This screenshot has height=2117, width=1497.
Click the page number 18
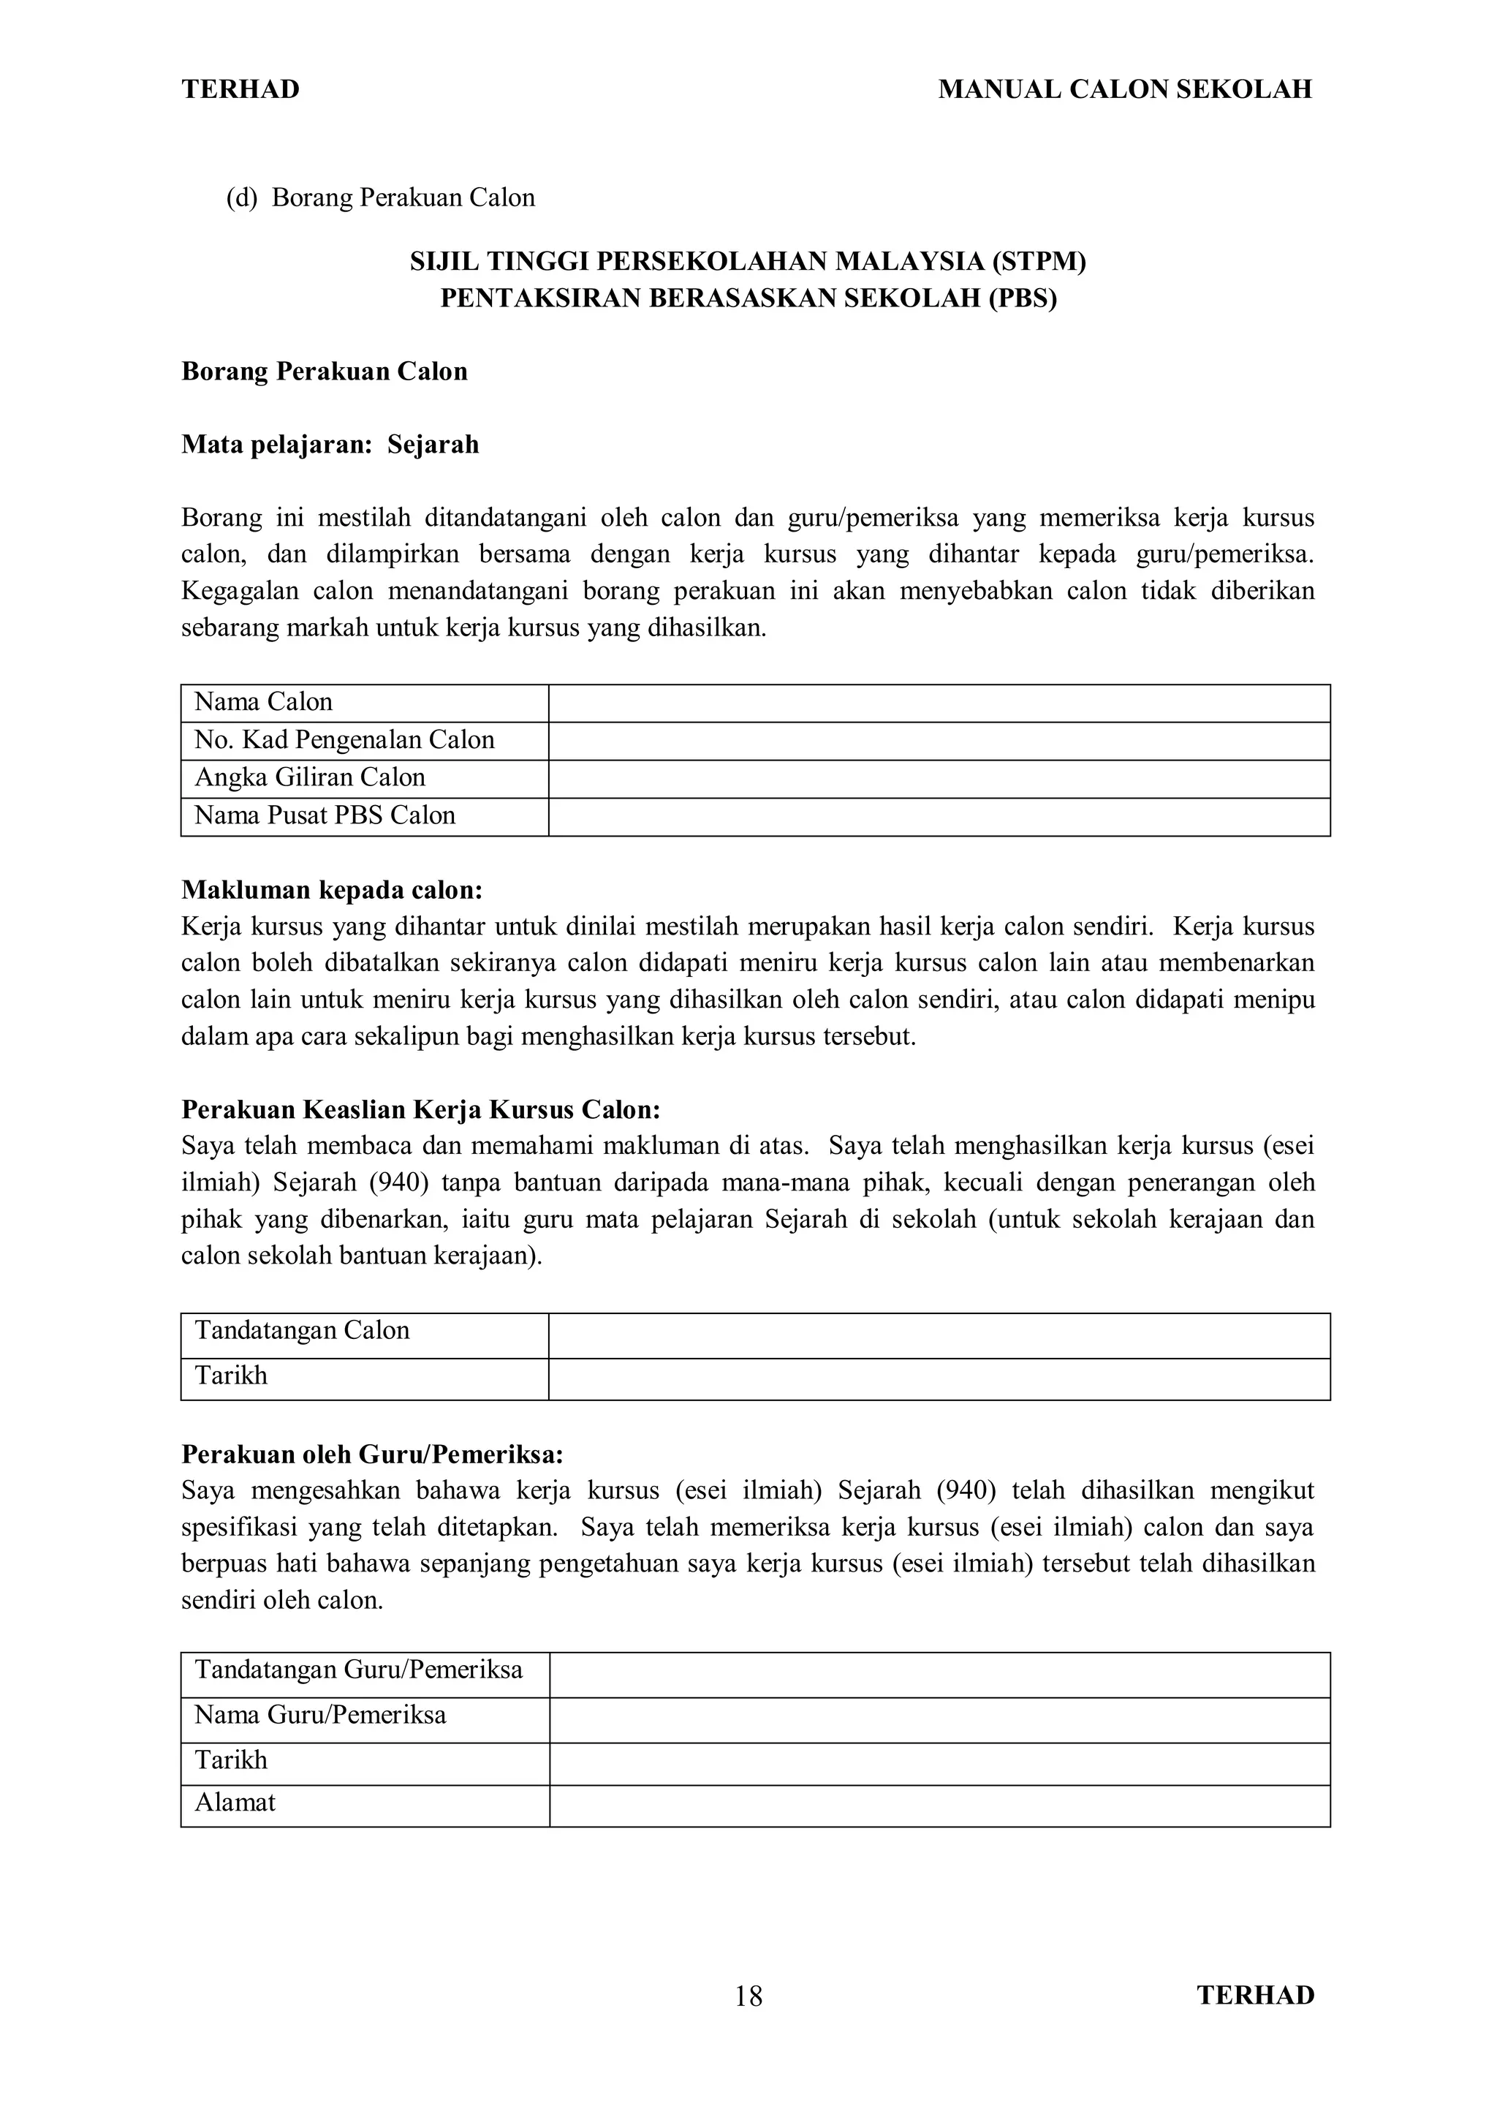[748, 1996]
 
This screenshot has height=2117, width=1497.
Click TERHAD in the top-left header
[240, 89]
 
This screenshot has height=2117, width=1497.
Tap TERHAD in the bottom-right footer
[1256, 1996]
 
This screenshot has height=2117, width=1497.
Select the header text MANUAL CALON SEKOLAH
[1125, 89]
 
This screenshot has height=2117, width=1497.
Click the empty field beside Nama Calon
[939, 703]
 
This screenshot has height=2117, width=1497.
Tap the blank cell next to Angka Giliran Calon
[939, 779]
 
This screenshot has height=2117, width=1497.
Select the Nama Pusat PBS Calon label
[325, 816]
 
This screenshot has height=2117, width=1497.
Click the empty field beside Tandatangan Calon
[939, 1336]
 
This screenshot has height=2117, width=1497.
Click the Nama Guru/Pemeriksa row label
[320, 1715]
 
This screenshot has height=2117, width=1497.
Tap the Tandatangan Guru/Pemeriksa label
[359, 1669]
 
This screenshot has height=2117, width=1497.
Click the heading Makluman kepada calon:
[332, 891]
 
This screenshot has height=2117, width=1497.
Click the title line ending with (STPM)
[748, 263]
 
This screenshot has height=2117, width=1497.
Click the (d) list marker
[241, 198]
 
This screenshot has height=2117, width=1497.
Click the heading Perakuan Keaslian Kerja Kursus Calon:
[420, 1109]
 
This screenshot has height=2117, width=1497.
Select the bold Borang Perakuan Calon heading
[325, 371]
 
